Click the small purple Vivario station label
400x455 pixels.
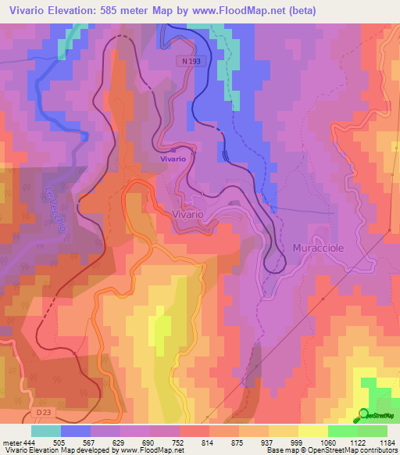pyautogui.click(x=173, y=159)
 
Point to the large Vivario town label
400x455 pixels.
pyautogui.click(x=187, y=213)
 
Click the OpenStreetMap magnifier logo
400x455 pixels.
pyautogui.click(x=364, y=415)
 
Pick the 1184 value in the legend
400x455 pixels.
pyautogui.click(x=387, y=442)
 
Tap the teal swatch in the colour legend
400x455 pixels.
pyautogui.click(x=46, y=431)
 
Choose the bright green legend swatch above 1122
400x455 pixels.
pyautogui.click(x=343, y=431)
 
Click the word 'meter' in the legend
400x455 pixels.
pyautogui.click(x=12, y=442)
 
